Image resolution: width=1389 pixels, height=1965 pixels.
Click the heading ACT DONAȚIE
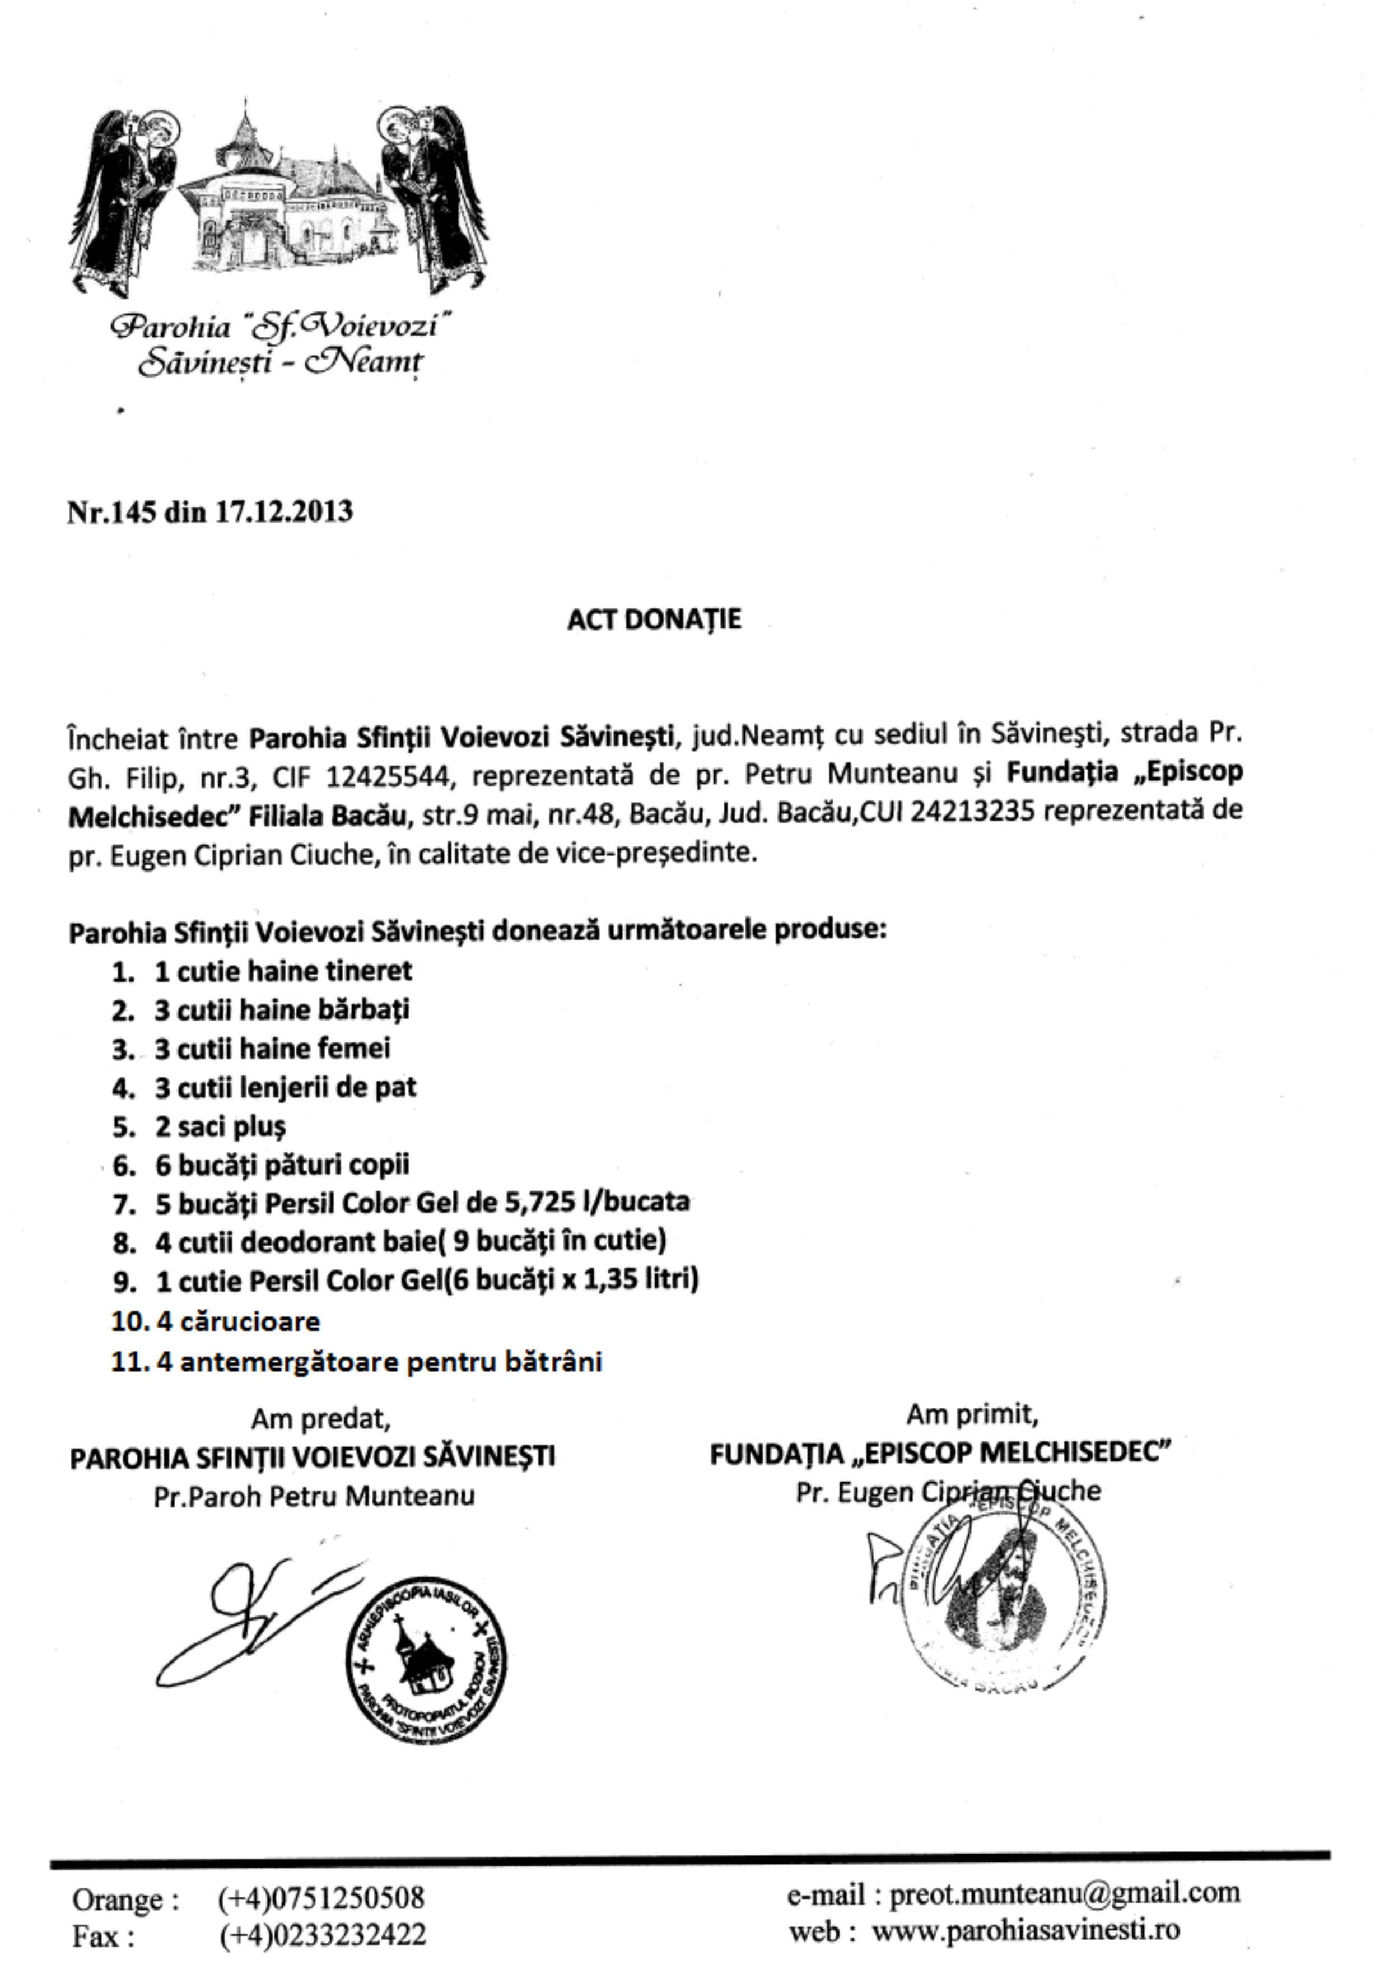653,620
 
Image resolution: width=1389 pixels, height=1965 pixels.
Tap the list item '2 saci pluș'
220,1126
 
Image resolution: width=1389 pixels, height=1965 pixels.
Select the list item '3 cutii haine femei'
271,1049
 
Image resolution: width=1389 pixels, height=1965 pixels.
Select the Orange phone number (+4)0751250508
321,1898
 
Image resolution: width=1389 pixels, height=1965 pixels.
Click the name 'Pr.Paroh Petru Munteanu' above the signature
314,1496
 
